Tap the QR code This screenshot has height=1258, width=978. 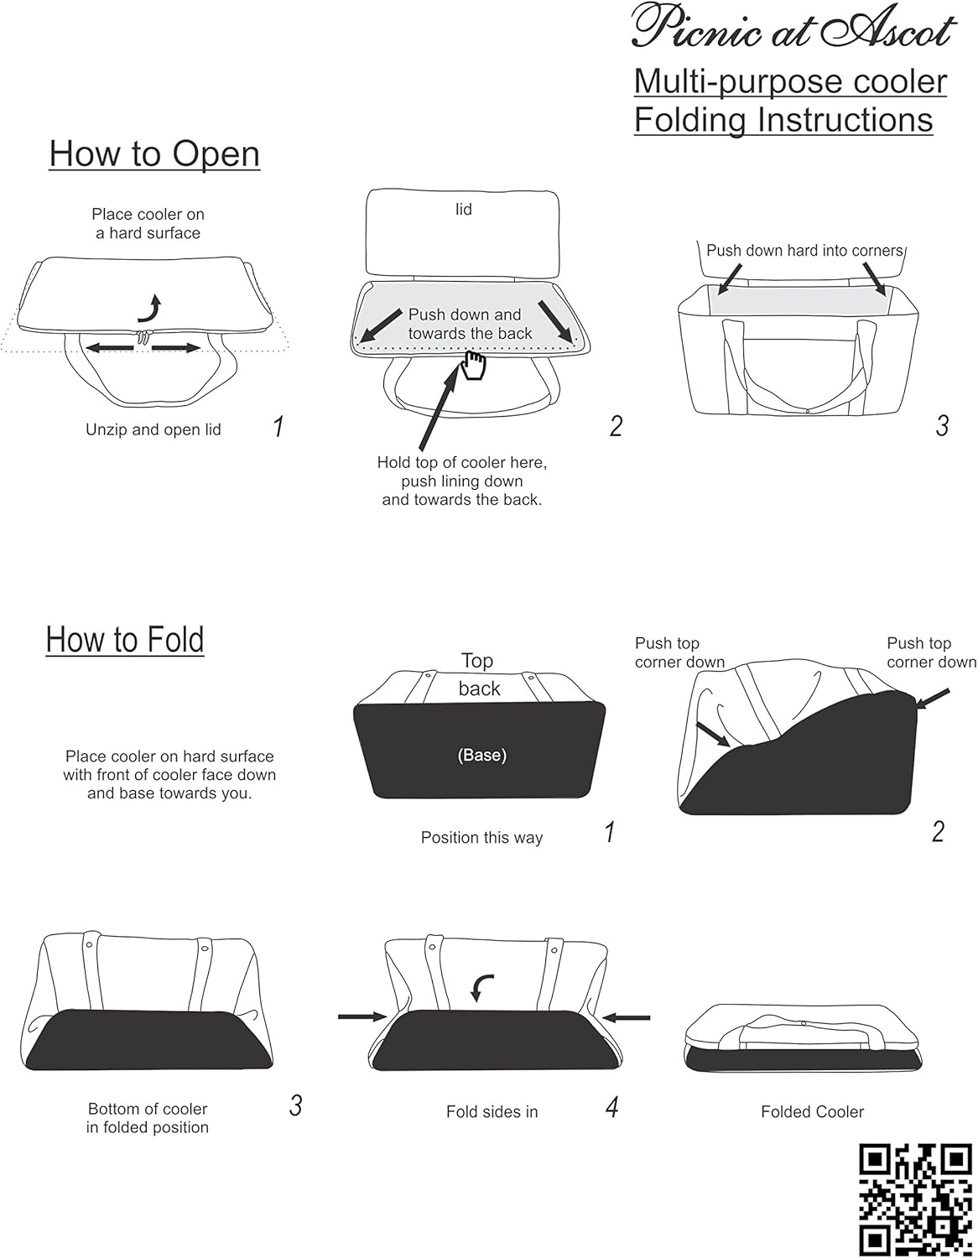(x=915, y=1198)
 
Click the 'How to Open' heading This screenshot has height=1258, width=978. (x=154, y=154)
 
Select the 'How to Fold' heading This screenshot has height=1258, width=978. (x=125, y=639)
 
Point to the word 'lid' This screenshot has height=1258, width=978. (x=464, y=210)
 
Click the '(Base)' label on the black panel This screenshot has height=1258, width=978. (x=481, y=755)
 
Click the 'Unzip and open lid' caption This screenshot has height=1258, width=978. (x=153, y=429)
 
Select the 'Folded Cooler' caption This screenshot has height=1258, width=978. (x=812, y=1112)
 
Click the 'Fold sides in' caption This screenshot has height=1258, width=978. (x=492, y=1112)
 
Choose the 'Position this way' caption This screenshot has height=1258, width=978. (x=481, y=838)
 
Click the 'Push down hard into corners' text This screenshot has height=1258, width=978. (x=804, y=251)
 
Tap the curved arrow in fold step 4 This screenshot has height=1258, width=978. (x=481, y=988)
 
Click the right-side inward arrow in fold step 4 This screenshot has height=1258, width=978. (x=627, y=1017)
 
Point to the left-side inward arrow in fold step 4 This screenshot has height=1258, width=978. (x=362, y=1017)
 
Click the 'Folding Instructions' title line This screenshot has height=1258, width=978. (x=783, y=120)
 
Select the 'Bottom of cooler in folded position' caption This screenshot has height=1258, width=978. (x=148, y=1119)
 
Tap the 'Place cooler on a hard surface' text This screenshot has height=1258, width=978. (x=148, y=224)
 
